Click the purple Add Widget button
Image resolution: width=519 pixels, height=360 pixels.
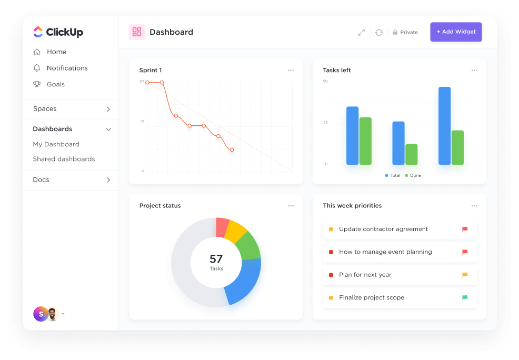[x=456, y=32]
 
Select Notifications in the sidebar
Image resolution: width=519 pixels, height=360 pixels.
[x=67, y=68]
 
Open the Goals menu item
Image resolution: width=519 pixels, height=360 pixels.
[x=55, y=84]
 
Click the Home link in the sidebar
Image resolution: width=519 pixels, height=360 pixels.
[x=56, y=52]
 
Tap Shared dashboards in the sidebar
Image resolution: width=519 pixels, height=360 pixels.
[x=64, y=159]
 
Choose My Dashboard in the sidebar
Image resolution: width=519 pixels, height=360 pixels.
[x=56, y=144]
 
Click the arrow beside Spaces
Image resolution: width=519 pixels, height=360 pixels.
[x=108, y=109]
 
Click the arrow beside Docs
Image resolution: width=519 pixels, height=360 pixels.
[x=108, y=180]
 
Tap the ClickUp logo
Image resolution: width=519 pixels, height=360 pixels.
[x=58, y=32]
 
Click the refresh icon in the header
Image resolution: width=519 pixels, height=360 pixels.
[x=379, y=33]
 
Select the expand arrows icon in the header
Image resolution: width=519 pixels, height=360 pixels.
[x=362, y=33]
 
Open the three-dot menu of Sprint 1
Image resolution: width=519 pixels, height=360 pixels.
[x=291, y=71]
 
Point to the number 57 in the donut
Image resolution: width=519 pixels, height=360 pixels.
[x=216, y=259]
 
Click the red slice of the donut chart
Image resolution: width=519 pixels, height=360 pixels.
[x=222, y=227]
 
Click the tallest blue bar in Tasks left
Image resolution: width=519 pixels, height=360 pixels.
[x=445, y=126]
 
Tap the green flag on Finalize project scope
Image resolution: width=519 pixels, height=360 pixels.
[x=465, y=297]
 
